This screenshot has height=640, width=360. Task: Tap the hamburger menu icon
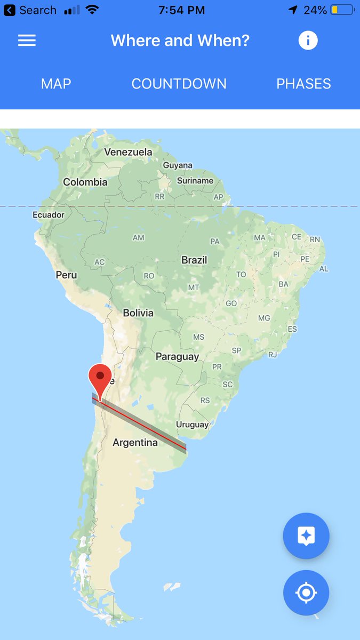point(27,41)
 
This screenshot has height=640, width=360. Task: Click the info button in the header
point(308,41)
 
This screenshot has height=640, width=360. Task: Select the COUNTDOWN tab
point(179,84)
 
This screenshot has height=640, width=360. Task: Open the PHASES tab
point(303,84)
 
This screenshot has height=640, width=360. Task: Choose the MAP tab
point(56,84)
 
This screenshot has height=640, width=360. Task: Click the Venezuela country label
point(128,152)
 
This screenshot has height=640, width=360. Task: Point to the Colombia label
point(85,182)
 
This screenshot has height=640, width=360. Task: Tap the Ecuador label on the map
point(49,215)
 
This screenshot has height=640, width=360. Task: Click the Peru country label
point(66,275)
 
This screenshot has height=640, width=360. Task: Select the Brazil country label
point(194,260)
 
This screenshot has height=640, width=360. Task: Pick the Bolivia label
point(138,313)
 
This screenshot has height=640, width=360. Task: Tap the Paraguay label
point(177,357)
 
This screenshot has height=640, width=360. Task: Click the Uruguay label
point(192,425)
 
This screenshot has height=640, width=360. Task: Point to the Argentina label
point(135,443)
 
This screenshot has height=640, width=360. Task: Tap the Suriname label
point(195,181)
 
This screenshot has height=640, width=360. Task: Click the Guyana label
point(178,165)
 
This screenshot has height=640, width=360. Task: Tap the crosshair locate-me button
point(306,593)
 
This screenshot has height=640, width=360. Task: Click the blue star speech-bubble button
point(306,536)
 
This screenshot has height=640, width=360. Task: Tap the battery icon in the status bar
point(342,10)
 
